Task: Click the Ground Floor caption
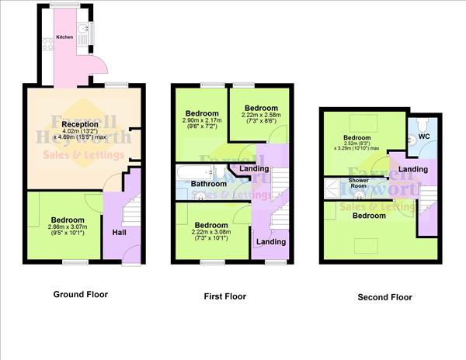coord(80,294)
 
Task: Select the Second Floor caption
coord(384,296)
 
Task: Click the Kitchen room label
coord(64,36)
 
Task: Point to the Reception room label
coord(80,124)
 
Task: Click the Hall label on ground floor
coord(120,232)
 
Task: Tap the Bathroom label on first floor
coord(209,184)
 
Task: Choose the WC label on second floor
coord(424,137)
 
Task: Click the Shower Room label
coord(357,184)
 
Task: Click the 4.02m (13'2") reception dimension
coord(80,132)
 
